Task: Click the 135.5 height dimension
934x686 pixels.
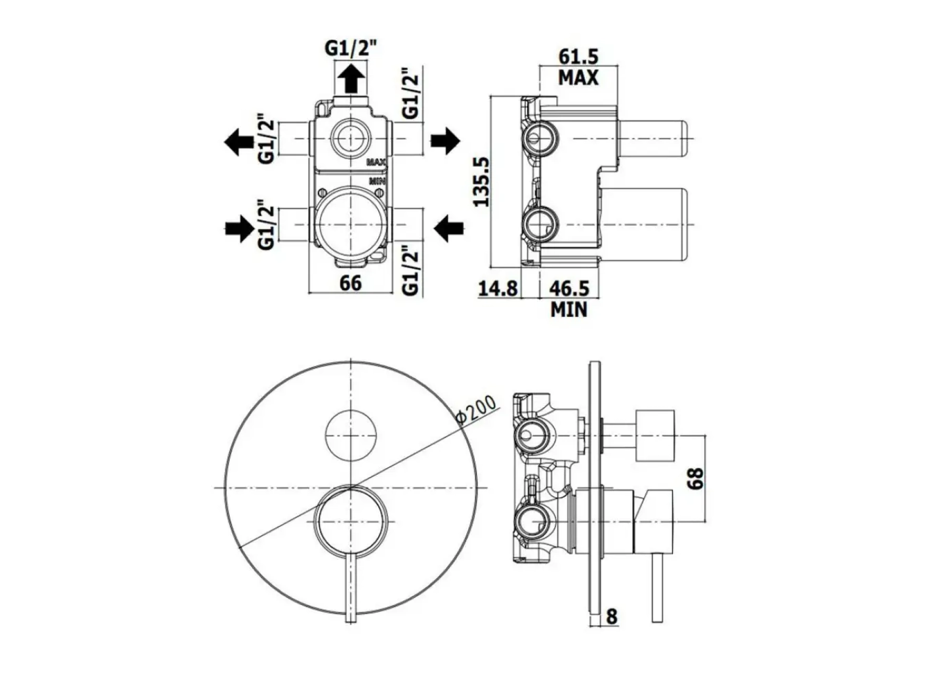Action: (x=482, y=182)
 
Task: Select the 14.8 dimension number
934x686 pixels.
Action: (x=498, y=288)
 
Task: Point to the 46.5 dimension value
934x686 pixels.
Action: (x=569, y=288)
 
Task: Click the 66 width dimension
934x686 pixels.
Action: (x=350, y=283)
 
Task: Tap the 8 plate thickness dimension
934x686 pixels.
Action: (x=611, y=616)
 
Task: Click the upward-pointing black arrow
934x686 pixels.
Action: (x=351, y=79)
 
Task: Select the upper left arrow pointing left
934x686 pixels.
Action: (x=239, y=141)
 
